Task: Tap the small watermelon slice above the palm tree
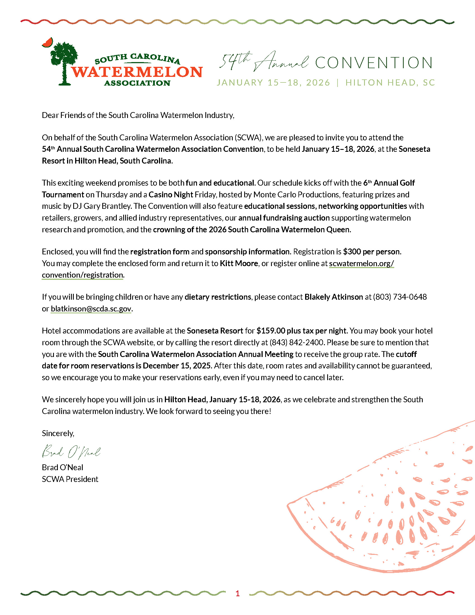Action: pyautogui.click(x=47, y=42)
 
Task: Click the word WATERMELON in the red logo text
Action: pyautogui.click(x=137, y=72)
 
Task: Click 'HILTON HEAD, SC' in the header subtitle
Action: pyautogui.click(x=390, y=82)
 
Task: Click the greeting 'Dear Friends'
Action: pyautogui.click(x=64, y=115)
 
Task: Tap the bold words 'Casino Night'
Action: pyautogui.click(x=171, y=195)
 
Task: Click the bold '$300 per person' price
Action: pyautogui.click(x=372, y=252)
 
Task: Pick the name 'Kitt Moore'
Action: pyautogui.click(x=239, y=263)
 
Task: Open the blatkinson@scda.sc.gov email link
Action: pyautogui.click(x=91, y=309)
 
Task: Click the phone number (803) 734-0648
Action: pyautogui.click(x=400, y=297)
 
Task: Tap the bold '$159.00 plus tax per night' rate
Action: pyautogui.click(x=302, y=331)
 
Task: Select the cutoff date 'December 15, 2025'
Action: pyautogui.click(x=177, y=366)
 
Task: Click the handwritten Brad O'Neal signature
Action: pyautogui.click(x=71, y=451)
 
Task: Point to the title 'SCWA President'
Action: pyautogui.click(x=70, y=479)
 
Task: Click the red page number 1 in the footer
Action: pyautogui.click(x=237, y=593)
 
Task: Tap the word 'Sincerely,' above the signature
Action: pyautogui.click(x=58, y=433)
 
